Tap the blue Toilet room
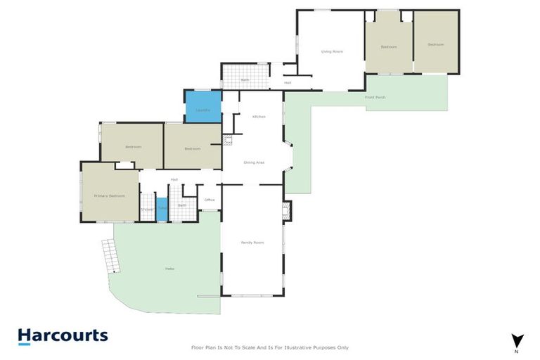click(x=162, y=210)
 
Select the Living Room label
click(x=331, y=51)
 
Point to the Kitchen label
click(x=259, y=117)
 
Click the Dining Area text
click(x=254, y=162)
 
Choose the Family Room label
click(x=252, y=243)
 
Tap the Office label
click(x=210, y=200)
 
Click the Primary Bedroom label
click(x=109, y=195)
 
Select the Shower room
click(x=147, y=210)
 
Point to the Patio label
click(x=169, y=269)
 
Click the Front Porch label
click(x=375, y=97)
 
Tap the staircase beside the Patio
click(x=109, y=257)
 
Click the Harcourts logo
click(x=63, y=336)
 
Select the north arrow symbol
click(x=517, y=340)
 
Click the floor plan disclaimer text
click(x=270, y=347)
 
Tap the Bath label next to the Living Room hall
click(x=245, y=80)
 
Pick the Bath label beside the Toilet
click(x=181, y=205)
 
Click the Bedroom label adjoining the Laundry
click(x=193, y=148)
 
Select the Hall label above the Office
click(x=174, y=179)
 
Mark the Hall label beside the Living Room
click(x=288, y=83)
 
